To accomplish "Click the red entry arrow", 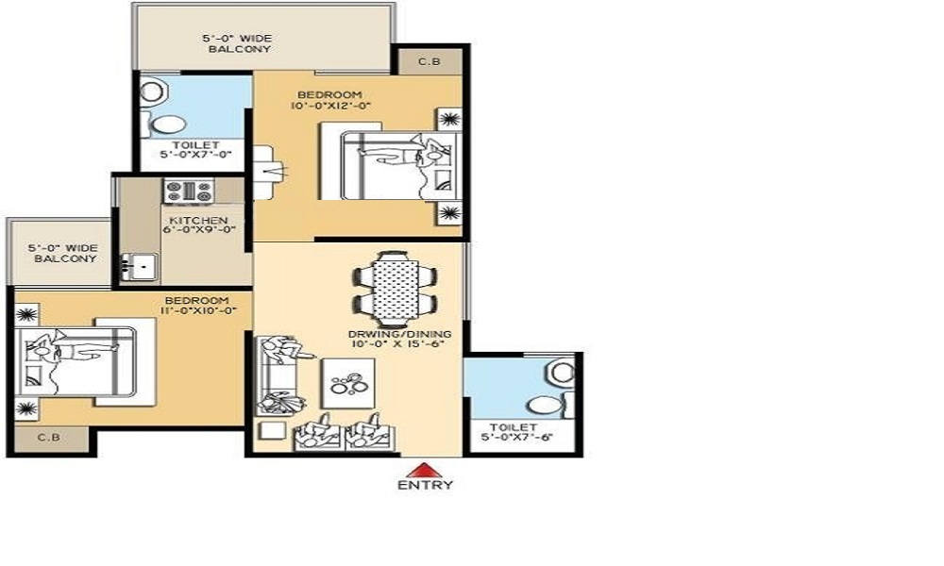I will [x=426, y=469].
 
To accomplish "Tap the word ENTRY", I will [x=426, y=486].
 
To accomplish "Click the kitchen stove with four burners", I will [x=189, y=191].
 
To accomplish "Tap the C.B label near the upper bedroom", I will [x=430, y=62].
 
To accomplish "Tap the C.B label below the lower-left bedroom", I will [x=44, y=438].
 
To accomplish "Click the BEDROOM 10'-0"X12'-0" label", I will [x=330, y=100].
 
